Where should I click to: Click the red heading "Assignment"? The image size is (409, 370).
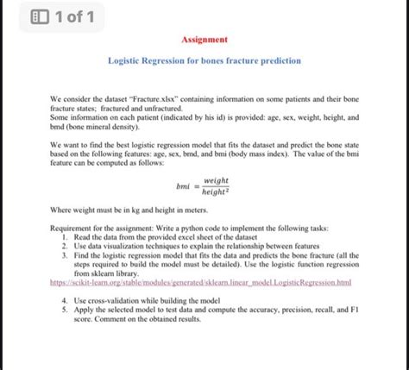click(x=204, y=40)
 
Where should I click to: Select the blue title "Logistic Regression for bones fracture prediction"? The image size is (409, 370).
click(x=204, y=62)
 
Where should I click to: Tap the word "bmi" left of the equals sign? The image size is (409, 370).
click(x=182, y=186)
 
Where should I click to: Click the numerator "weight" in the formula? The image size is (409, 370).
click(x=215, y=180)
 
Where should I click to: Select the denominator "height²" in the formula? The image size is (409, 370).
click(x=215, y=193)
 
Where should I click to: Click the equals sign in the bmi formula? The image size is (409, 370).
click(x=196, y=186)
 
